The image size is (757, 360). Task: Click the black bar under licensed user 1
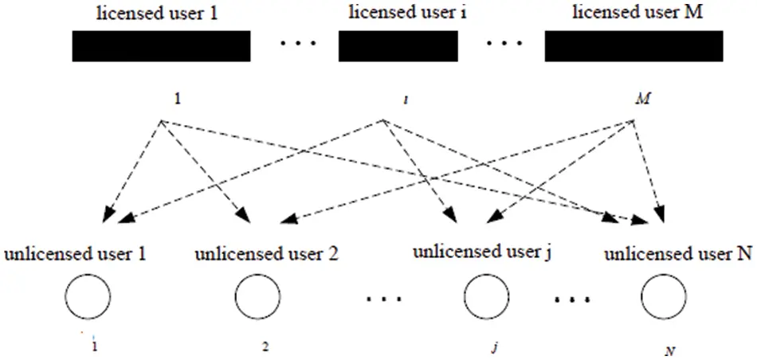click(161, 46)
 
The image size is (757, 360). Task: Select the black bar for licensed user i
click(398, 46)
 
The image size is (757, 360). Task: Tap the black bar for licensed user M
click(634, 46)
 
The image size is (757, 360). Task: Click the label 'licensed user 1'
click(158, 14)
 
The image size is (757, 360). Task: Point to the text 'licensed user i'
click(408, 13)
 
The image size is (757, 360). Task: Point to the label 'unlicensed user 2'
click(266, 254)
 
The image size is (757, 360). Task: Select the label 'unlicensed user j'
click(482, 252)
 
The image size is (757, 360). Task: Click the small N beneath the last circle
click(669, 350)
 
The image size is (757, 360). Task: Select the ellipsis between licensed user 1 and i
click(298, 45)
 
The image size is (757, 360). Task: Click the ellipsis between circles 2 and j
click(384, 299)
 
